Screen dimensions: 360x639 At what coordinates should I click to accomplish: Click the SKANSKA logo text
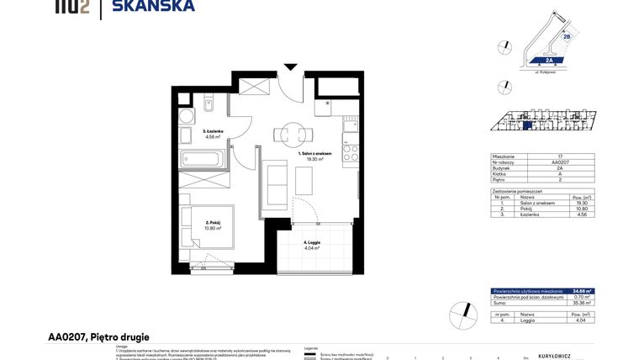pos(159,7)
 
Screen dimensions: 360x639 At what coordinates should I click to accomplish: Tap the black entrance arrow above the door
pos(290,66)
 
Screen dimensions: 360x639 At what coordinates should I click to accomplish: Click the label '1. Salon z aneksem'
pos(315,155)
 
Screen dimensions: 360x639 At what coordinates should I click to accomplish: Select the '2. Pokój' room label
pos(211,223)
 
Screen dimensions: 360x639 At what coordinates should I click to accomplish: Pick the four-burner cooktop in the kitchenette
pos(351,152)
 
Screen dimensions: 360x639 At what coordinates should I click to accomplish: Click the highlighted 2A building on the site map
pos(547,61)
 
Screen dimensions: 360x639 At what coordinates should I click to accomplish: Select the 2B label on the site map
pos(567,37)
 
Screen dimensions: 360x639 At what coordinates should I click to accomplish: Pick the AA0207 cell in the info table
pos(558,162)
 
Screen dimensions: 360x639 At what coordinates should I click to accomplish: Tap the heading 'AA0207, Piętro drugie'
pos(98,336)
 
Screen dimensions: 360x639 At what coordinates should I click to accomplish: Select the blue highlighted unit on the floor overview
pos(528,125)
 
